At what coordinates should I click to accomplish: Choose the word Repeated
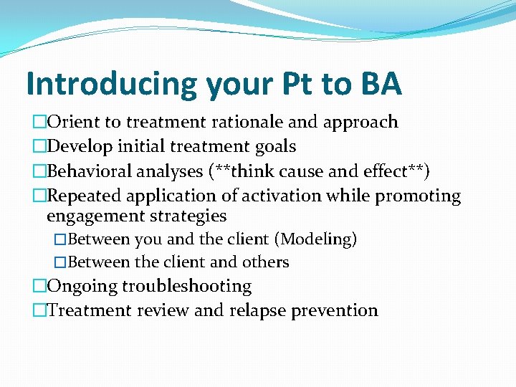[85, 196]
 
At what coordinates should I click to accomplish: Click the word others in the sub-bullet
[266, 262]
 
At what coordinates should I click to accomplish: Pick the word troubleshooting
[186, 287]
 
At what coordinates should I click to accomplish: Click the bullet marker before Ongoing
[39, 287]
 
